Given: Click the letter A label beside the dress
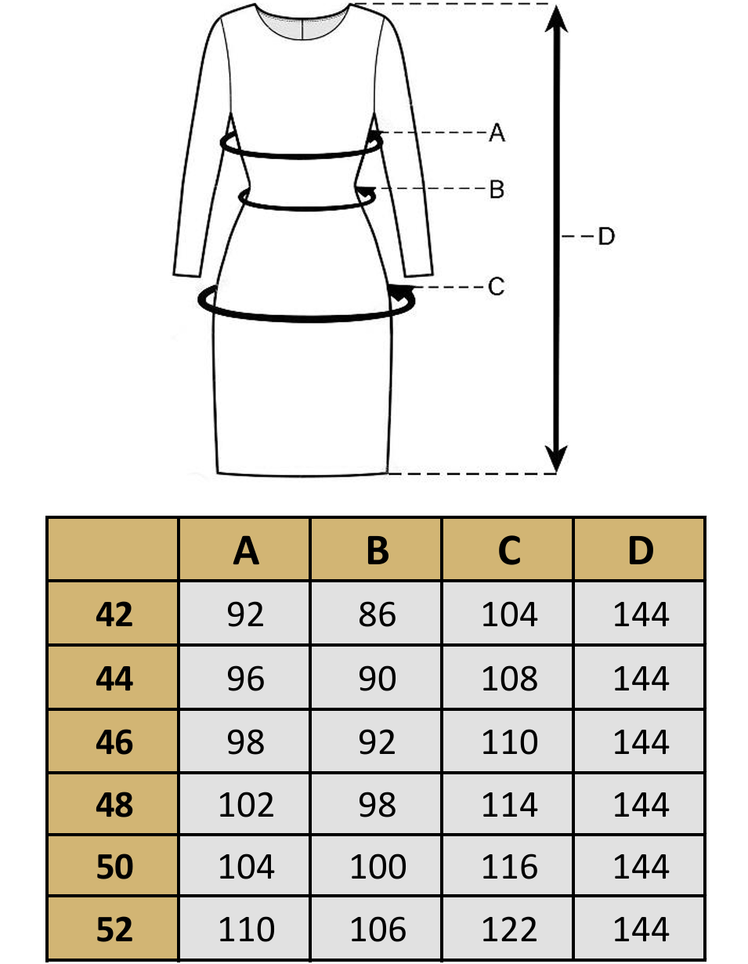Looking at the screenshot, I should tap(497, 133).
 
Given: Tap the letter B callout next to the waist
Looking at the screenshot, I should tap(497, 190).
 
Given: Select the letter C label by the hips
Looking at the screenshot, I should tap(497, 287).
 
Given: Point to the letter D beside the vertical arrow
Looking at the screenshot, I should tap(606, 236).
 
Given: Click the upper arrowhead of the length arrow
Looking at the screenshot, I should tap(556, 19).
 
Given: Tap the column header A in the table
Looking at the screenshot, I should tap(245, 551).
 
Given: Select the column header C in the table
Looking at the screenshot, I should tap(509, 551).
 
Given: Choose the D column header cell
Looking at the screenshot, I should tap(640, 551).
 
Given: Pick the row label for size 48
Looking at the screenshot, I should tap(114, 805).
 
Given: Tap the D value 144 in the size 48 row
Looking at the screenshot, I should tap(641, 805).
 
